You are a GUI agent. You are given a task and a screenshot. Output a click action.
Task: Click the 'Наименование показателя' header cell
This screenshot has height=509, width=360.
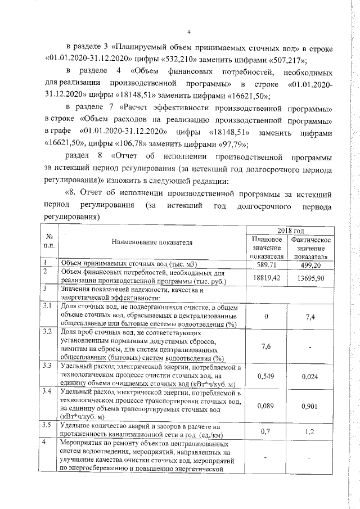click(x=152, y=242)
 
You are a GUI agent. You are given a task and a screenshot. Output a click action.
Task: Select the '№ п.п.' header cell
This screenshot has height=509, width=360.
click(x=49, y=242)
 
